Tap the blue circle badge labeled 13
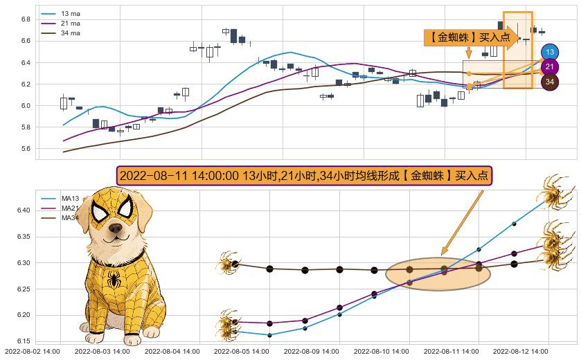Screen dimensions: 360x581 pos(550,52)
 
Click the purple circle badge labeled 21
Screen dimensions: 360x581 pos(550,67)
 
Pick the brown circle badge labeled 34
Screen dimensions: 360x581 pos(550,82)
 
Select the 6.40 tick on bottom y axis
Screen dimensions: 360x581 pos(22,210)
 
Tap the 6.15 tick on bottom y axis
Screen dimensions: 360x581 pos(22,341)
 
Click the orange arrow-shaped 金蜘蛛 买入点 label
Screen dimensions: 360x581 pos(471,37)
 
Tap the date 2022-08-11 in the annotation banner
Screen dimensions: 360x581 pos(148,176)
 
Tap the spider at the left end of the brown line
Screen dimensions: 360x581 pos(226,264)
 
